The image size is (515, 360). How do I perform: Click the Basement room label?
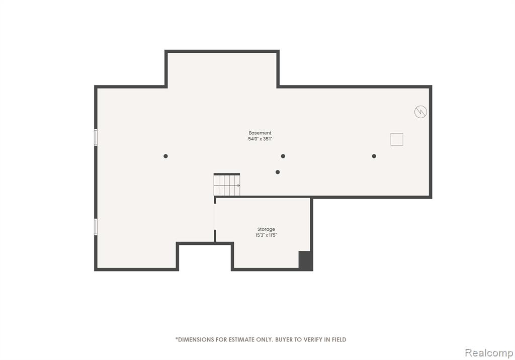click(260, 133)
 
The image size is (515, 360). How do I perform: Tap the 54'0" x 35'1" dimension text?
click(260, 139)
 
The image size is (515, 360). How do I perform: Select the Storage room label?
click(266, 229)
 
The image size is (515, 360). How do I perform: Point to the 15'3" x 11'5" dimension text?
click(266, 235)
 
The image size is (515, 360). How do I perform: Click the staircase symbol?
click(227, 185)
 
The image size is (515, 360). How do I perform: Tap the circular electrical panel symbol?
click(420, 112)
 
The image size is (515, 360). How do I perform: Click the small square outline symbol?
click(397, 139)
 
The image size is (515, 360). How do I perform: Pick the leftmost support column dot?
click(165, 156)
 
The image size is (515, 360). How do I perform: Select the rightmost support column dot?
click(374, 156)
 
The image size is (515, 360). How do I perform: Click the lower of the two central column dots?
click(278, 172)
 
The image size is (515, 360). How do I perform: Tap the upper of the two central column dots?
click(283, 156)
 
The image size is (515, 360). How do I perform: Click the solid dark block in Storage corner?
click(305, 261)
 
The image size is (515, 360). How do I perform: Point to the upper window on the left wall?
click(96, 137)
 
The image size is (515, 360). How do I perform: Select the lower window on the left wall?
click(96, 227)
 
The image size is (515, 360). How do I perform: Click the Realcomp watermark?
click(489, 353)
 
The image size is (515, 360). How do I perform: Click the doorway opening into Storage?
click(215, 217)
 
